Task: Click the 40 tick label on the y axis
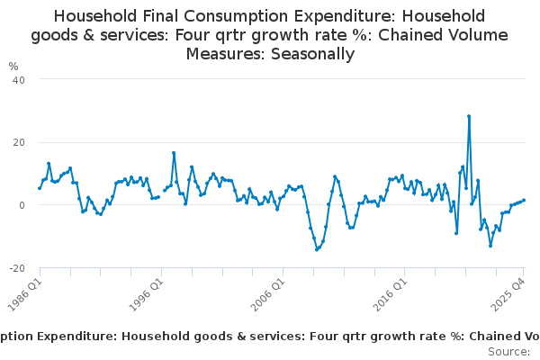17,79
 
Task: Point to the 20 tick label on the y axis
17,142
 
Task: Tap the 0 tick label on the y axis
21,205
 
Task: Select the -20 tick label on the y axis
15,268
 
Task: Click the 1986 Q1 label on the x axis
24,288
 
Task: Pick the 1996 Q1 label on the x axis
146,288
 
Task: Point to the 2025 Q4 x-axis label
508,288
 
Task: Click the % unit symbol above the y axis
13,66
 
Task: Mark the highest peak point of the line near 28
469,116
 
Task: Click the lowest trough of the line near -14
317,249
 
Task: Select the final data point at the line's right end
524,201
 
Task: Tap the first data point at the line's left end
40,188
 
